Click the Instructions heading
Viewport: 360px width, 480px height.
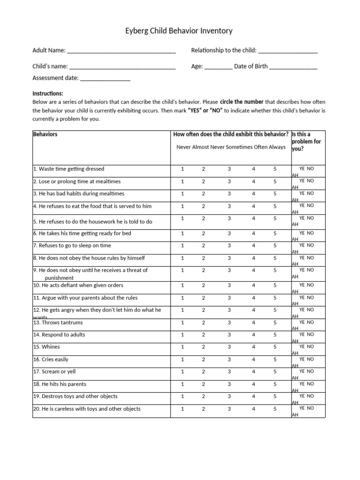[48, 93]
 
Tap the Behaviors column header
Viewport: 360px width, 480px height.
[45, 135]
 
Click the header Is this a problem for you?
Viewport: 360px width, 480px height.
[307, 142]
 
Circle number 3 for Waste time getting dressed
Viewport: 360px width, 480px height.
[230, 169]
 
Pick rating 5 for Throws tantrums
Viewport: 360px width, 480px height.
[276, 322]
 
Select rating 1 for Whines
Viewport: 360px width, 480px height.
[183, 347]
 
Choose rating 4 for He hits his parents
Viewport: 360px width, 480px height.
[253, 384]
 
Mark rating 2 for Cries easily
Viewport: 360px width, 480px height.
[203, 360]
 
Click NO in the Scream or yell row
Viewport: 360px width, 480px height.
[311, 371]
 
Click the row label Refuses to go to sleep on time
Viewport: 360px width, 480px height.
[75, 246]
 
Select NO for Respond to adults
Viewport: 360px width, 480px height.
[311, 334]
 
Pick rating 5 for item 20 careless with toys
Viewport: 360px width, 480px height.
[276, 409]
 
